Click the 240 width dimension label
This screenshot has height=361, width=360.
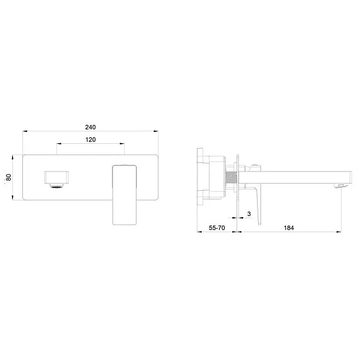click(x=90, y=127)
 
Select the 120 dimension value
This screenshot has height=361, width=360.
click(x=90, y=140)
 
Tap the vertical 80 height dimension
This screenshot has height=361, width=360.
click(x=8, y=177)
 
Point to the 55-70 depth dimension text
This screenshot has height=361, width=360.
click(x=217, y=227)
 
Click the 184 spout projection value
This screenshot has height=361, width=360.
click(x=288, y=227)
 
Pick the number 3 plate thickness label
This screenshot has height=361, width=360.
click(x=249, y=214)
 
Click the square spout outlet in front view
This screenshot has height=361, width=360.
click(x=57, y=177)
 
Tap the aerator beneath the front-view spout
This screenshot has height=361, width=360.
click(x=57, y=186)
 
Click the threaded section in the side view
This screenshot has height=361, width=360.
click(x=231, y=177)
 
